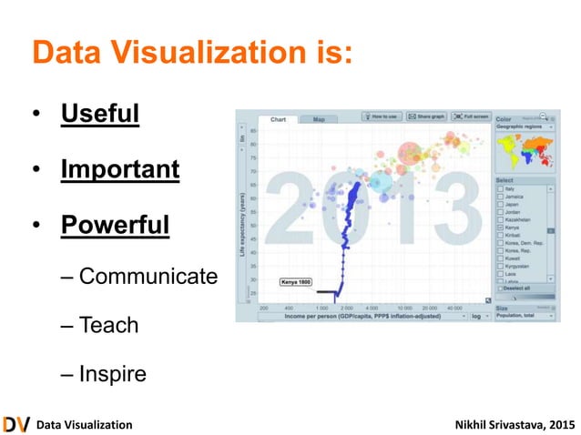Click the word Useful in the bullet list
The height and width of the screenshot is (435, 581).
pyautogui.click(x=100, y=116)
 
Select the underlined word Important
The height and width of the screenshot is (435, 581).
pyautogui.click(x=120, y=169)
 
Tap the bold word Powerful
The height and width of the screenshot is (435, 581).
pyautogui.click(x=115, y=223)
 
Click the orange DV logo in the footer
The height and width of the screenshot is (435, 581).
pyautogui.click(x=15, y=424)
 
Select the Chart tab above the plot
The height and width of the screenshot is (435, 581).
pyautogui.click(x=279, y=119)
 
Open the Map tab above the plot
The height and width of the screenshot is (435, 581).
pyautogui.click(x=319, y=119)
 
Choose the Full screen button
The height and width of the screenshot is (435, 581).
pyautogui.click(x=471, y=116)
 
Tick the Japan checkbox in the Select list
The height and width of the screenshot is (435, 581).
pyautogui.click(x=499, y=205)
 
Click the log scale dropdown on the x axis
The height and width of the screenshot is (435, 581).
pyautogui.click(x=480, y=318)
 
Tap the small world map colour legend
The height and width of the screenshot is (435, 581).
pyautogui.click(x=525, y=154)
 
